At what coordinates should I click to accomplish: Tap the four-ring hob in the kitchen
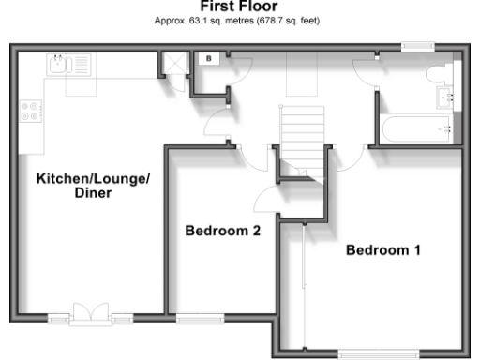(30, 111)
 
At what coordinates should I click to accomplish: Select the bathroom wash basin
(445, 97)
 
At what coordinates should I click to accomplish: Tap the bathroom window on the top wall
(418, 46)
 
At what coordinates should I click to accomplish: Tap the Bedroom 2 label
(222, 231)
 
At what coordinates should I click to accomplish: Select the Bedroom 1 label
(382, 250)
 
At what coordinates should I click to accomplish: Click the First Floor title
(240, 7)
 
